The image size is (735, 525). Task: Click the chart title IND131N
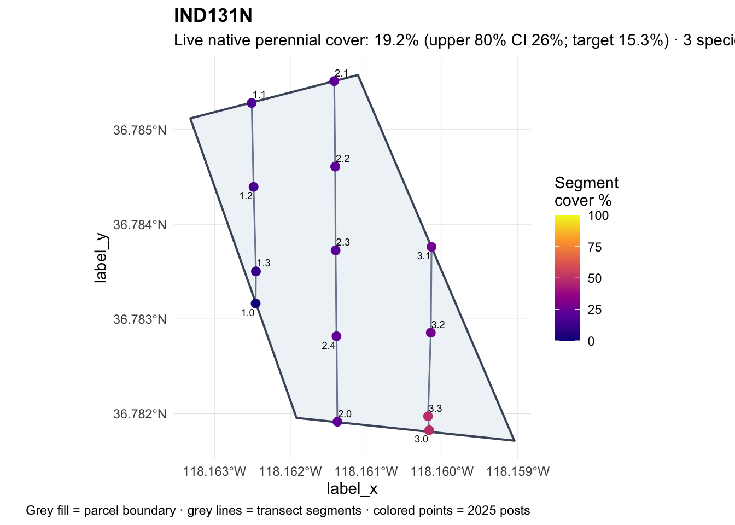(x=213, y=15)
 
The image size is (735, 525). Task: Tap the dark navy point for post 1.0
(x=255, y=304)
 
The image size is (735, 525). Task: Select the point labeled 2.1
(x=334, y=81)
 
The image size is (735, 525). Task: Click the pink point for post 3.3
(x=428, y=416)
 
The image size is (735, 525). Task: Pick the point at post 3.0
(x=429, y=430)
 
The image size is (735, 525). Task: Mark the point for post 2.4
(x=336, y=336)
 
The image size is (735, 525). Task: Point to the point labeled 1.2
(x=254, y=187)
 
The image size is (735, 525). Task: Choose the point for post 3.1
(x=431, y=247)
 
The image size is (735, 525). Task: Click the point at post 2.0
(x=337, y=422)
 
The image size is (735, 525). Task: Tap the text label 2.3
(x=343, y=242)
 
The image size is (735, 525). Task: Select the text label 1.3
(x=264, y=263)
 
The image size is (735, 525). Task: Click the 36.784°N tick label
(x=140, y=225)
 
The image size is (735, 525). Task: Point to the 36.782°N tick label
(x=140, y=414)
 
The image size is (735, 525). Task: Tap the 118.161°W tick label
(x=366, y=471)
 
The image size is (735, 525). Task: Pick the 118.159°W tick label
(x=518, y=471)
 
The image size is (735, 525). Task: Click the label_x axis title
(x=352, y=489)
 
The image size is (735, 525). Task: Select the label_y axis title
(x=101, y=258)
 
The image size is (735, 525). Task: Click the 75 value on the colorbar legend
(x=594, y=247)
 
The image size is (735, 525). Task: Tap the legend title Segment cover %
(x=586, y=191)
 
